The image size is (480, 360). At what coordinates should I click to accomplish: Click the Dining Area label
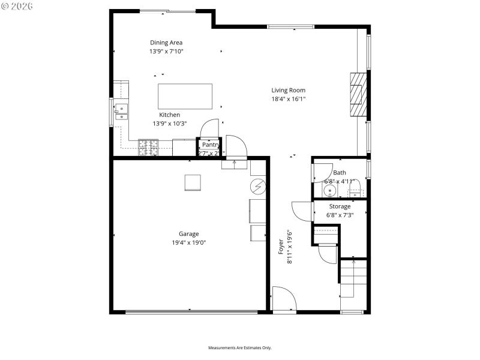coord(166,43)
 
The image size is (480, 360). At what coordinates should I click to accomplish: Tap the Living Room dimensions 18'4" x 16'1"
coord(289,99)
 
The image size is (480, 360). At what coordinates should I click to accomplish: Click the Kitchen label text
coord(169,115)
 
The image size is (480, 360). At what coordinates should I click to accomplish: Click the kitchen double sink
coord(122,111)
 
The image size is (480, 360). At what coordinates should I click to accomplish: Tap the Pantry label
coord(210,145)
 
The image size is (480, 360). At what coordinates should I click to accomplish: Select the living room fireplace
coord(358,94)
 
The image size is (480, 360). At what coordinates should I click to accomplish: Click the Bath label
coord(340,173)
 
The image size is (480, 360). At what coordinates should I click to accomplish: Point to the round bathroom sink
coord(329,191)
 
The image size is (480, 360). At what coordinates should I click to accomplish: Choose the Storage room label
coord(340,206)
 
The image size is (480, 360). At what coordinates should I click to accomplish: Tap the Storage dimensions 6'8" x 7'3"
coord(340,215)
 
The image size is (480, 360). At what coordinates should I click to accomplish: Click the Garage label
coord(188,234)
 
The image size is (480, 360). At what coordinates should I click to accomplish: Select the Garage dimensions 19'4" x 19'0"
coord(188,242)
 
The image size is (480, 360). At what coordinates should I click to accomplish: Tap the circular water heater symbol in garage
coord(258,187)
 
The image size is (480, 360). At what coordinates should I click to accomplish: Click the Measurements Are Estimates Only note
coord(240,348)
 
